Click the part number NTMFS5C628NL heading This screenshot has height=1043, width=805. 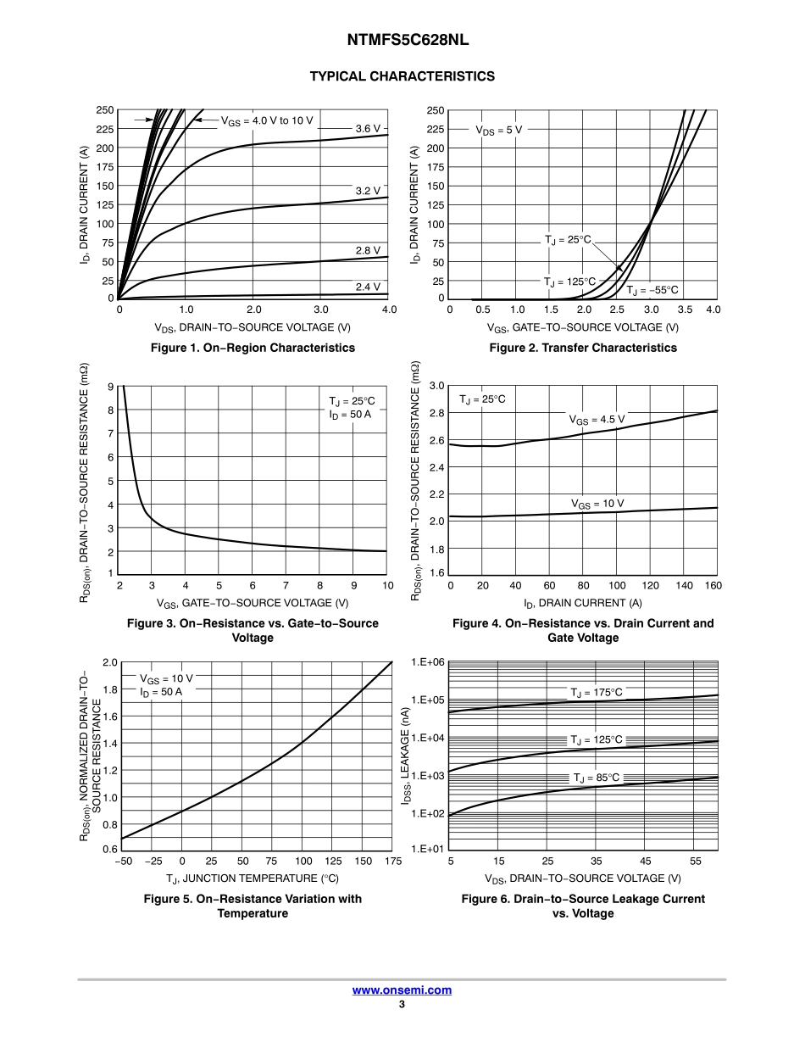click(402, 40)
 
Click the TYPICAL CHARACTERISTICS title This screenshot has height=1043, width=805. click(402, 76)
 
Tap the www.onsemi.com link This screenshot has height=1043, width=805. click(402, 990)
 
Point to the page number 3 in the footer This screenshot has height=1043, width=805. click(402, 1005)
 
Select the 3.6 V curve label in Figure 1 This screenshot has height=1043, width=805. click(368, 128)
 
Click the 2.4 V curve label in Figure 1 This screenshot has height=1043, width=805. click(368, 287)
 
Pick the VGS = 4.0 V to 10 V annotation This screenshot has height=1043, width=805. click(267, 120)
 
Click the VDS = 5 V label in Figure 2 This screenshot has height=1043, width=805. click(498, 130)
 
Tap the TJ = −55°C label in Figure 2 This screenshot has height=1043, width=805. click(652, 289)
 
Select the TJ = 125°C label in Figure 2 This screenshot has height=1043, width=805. click(569, 282)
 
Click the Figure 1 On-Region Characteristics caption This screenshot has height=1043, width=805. click(253, 348)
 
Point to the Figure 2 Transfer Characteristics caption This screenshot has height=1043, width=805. click(583, 348)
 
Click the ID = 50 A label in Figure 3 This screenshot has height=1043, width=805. click(351, 415)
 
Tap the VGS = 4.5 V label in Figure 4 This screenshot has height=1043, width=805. click(597, 419)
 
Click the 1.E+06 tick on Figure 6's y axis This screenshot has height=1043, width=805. click(428, 661)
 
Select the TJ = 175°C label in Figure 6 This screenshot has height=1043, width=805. click(597, 693)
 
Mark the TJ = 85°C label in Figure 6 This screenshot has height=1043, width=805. click(597, 778)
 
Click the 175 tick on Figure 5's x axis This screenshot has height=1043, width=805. click(392, 862)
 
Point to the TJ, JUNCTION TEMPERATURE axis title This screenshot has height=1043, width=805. click(253, 878)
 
